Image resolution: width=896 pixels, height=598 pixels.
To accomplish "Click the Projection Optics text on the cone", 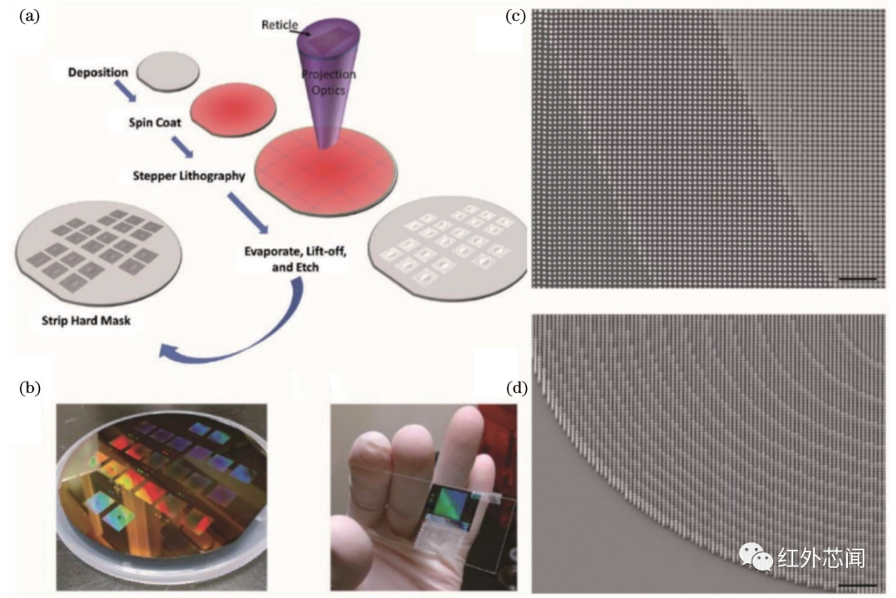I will click(329, 82).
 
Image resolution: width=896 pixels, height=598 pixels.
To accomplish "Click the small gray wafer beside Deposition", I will click(168, 73).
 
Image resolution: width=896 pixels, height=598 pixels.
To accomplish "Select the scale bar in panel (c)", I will click(858, 279).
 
